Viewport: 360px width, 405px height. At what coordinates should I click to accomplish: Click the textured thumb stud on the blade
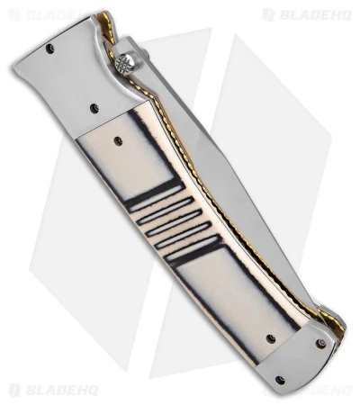(125, 63)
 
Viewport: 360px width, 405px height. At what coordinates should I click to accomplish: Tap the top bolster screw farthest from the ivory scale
(49, 47)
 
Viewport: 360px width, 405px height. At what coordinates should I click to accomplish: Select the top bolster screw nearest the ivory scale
(94, 108)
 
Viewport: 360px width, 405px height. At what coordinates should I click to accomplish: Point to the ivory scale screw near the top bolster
(119, 140)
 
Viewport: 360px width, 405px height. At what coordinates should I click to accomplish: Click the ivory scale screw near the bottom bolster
(271, 338)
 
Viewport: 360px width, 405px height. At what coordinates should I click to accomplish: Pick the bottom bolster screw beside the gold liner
(321, 343)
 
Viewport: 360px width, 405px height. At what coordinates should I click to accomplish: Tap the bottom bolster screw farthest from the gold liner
(281, 381)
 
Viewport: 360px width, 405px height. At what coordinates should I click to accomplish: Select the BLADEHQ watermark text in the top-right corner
(314, 14)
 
